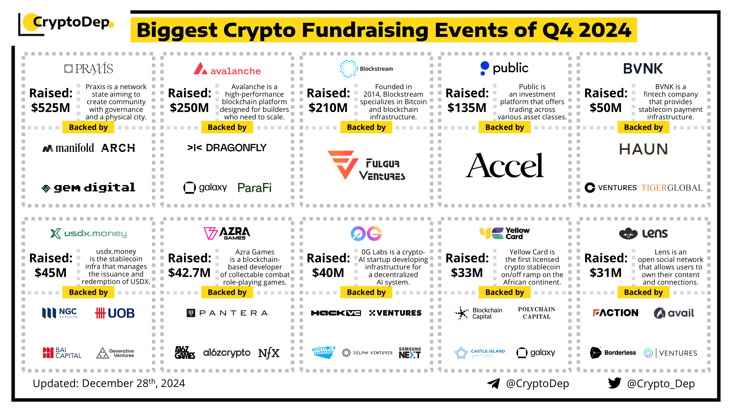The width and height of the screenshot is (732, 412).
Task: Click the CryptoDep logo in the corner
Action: coord(66,24)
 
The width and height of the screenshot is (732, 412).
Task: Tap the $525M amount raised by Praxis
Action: coord(51,108)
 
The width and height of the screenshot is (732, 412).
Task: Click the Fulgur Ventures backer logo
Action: coord(366,165)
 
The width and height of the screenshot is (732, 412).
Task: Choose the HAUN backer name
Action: coord(643,149)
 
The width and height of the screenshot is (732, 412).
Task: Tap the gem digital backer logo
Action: coord(88,188)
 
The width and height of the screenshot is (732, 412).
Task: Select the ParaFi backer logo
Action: coord(254,188)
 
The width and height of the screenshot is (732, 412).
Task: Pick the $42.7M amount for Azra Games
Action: coord(189,273)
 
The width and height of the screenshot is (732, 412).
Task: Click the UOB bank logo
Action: coord(115,313)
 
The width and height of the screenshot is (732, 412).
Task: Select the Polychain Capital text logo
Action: coord(537,313)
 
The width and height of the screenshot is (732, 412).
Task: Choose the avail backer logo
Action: coord(674,313)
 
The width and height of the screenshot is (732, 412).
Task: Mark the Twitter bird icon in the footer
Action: coord(615,383)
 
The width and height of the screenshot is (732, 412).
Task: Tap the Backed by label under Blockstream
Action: coord(366,127)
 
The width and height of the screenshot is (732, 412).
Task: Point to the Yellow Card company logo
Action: coord(504,233)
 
